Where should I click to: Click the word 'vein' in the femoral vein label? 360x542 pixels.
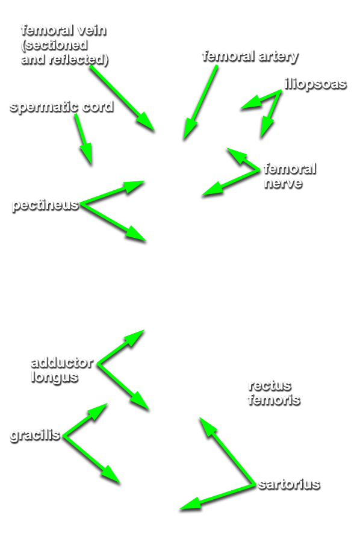click(x=92, y=31)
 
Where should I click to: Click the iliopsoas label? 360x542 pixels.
click(x=315, y=84)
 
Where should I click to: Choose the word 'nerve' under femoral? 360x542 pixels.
click(x=283, y=183)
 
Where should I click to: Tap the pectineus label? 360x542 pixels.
click(x=45, y=205)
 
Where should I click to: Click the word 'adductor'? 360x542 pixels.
click(x=62, y=363)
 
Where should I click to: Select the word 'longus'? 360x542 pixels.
click(x=55, y=377)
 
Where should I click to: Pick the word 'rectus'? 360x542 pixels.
click(x=270, y=385)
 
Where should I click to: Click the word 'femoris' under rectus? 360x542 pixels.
click(x=274, y=400)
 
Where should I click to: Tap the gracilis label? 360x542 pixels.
click(x=36, y=435)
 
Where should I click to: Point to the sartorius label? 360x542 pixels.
click(x=289, y=484)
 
